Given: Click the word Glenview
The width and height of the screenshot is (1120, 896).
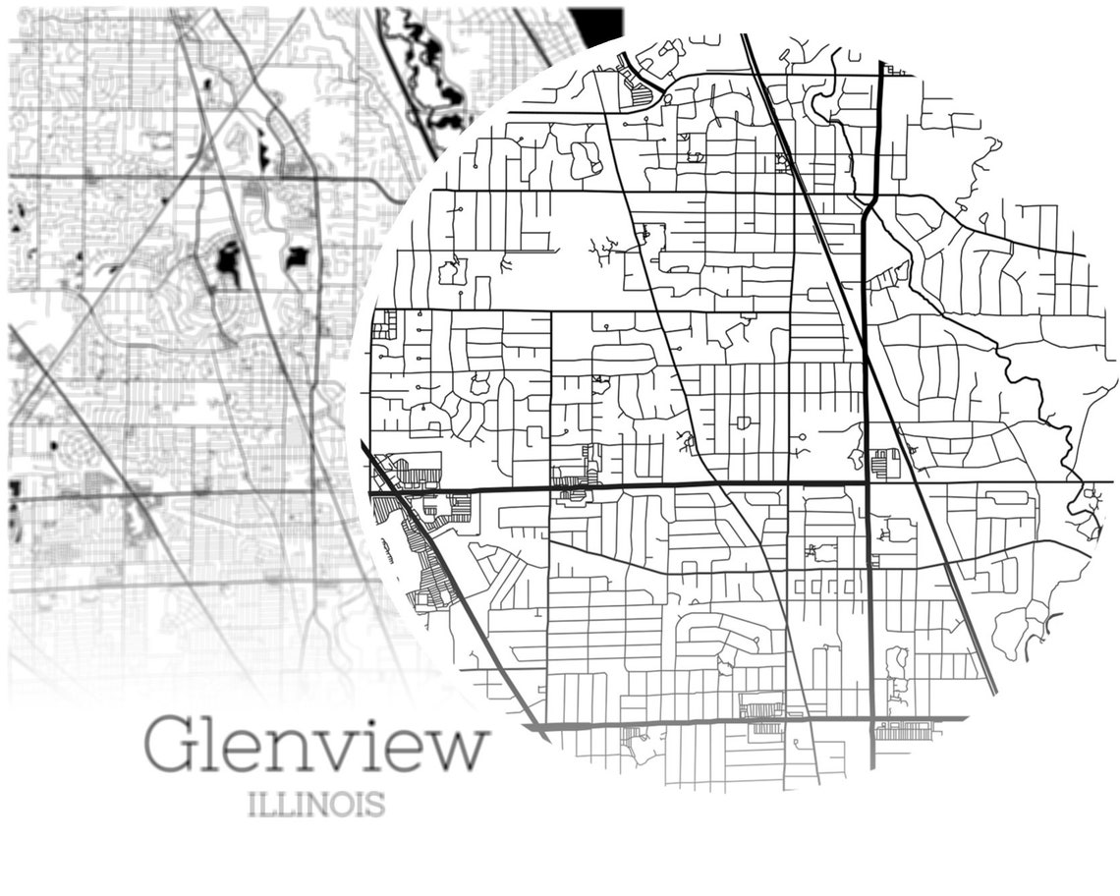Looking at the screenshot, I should pos(316,747).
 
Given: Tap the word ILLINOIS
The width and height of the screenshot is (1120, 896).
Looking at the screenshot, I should pos(315,806).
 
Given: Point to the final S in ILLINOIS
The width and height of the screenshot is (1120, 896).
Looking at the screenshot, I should pos(373,807).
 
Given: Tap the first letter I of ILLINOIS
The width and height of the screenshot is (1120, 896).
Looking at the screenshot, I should pos(253,807).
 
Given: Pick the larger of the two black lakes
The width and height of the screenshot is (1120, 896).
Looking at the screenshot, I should pos(228,262).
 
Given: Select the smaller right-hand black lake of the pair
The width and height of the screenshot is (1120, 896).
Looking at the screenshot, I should pos(296,256).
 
